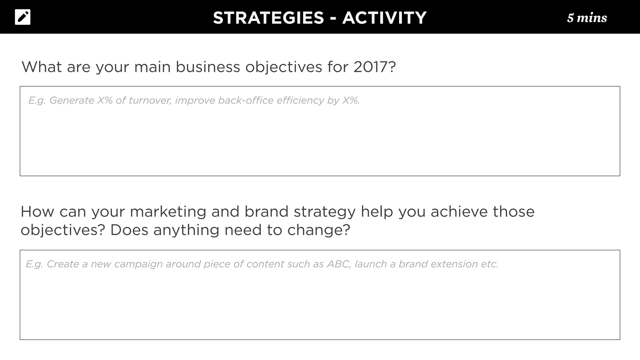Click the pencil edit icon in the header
(x=23, y=17)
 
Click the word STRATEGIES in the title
(x=268, y=18)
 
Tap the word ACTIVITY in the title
(x=384, y=18)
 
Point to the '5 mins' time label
(x=587, y=18)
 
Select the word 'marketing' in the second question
(x=168, y=212)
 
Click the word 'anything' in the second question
(x=186, y=231)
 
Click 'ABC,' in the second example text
(x=339, y=264)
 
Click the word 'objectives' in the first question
(x=283, y=67)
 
